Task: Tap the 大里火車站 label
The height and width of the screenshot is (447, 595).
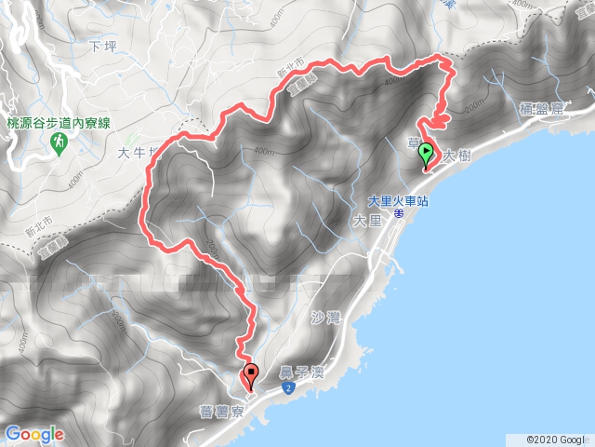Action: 398,198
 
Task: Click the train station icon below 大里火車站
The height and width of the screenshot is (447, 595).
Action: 398,212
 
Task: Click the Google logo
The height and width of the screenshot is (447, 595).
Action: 34,434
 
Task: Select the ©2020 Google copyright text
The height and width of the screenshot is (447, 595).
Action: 557,440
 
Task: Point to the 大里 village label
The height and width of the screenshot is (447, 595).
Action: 368,221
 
